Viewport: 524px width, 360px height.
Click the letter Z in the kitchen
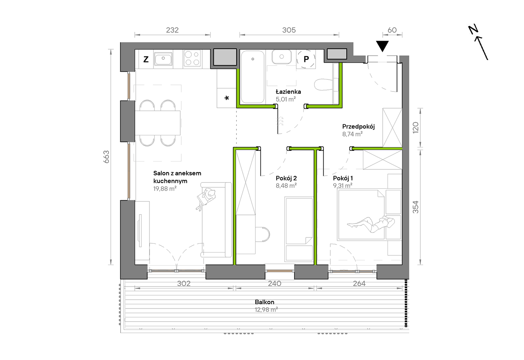pos(146,59)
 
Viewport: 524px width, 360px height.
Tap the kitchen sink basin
pos(163,59)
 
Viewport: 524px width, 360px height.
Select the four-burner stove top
pos(192,58)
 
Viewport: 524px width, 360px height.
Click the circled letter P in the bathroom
pos(306,59)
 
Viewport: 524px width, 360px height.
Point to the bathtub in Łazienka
pos(253,77)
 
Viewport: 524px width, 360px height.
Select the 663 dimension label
pos(106,157)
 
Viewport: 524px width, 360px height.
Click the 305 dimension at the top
pos(289,30)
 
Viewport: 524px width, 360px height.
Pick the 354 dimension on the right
pos(415,207)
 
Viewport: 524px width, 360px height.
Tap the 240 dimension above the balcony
pos(274,283)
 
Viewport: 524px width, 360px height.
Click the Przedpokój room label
pos(358,127)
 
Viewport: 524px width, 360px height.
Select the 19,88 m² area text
pos(165,189)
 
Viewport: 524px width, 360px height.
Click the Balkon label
pos(264,302)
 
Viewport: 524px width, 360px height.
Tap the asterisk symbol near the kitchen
pos(227,98)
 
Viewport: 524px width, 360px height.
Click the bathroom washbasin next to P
pos(282,57)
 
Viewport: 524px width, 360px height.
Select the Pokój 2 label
pos(286,178)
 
